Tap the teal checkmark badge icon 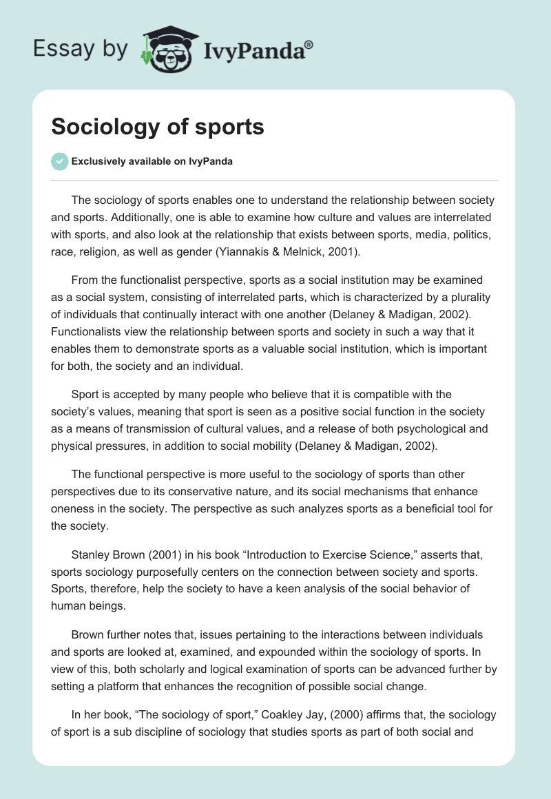click(x=60, y=161)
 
